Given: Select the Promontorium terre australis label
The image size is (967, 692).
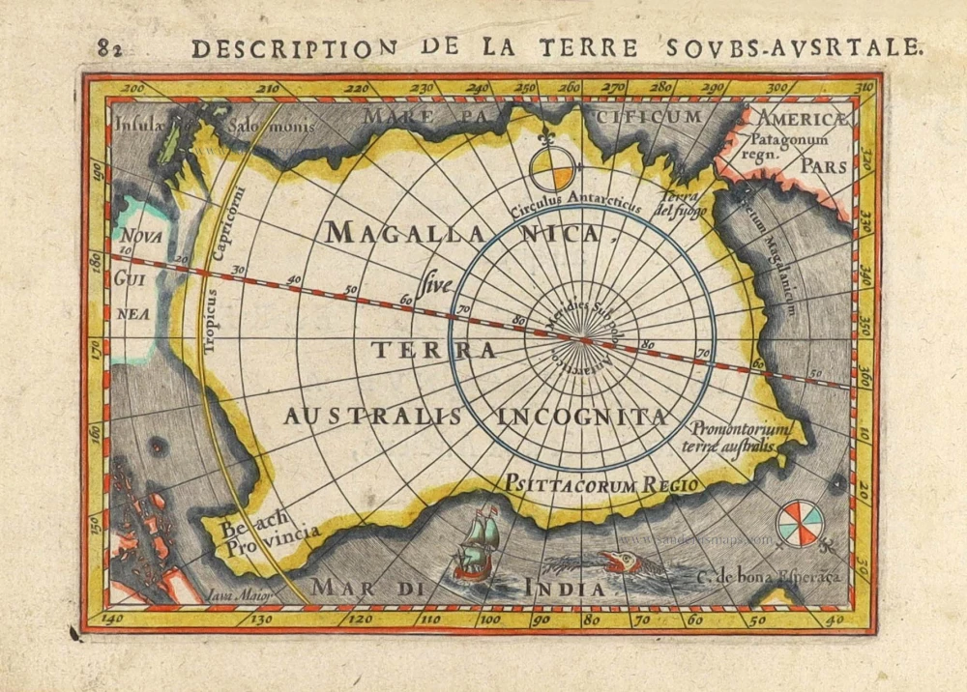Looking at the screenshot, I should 741,437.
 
